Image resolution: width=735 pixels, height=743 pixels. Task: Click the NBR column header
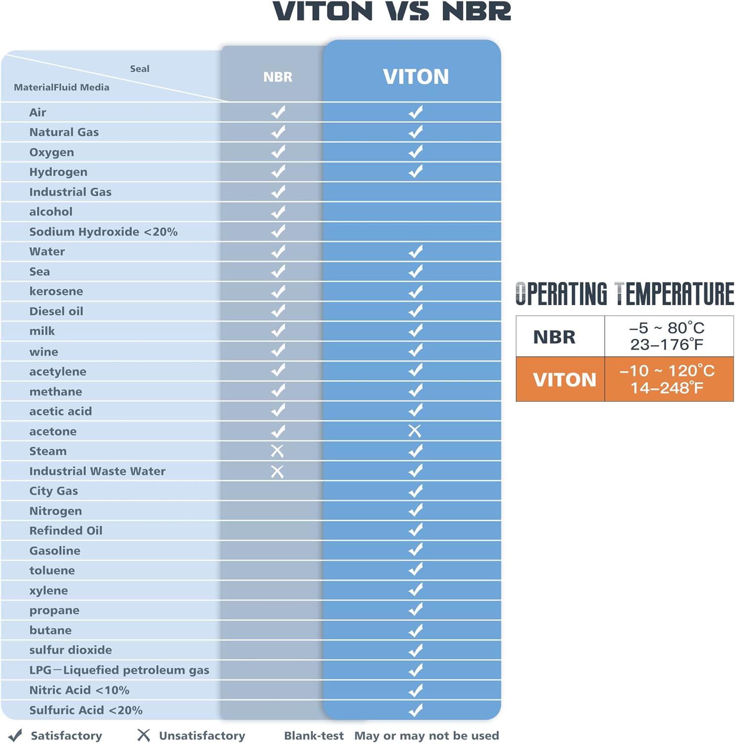tap(278, 77)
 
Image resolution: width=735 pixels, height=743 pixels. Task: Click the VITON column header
tap(416, 77)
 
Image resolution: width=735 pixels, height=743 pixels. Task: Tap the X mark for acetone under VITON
tap(415, 431)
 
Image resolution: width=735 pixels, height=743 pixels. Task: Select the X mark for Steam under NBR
tap(277, 451)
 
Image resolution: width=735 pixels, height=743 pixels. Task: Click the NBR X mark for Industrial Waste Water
tap(277, 471)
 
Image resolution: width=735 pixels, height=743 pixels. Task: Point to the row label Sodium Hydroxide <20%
tap(103, 232)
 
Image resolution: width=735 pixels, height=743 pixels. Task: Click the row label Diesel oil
tap(56, 311)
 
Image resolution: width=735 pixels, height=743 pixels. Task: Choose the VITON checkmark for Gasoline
tap(416, 550)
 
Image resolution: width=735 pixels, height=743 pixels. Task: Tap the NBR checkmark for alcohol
tap(278, 212)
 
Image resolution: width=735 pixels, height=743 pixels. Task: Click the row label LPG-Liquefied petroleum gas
tap(119, 670)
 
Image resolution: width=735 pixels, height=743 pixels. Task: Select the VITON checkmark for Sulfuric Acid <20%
tap(416, 710)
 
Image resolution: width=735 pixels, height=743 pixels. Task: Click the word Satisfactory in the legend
tap(66, 736)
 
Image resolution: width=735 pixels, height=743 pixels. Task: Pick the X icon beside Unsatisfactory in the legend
tap(144, 735)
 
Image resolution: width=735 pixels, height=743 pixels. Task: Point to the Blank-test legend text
tap(314, 736)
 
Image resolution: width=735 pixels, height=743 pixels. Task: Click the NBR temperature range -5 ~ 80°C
tap(667, 328)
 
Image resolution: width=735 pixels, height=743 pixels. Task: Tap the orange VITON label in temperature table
tap(564, 379)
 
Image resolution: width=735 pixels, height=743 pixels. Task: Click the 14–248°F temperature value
tap(667, 388)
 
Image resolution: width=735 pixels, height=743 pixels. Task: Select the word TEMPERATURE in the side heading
tap(674, 294)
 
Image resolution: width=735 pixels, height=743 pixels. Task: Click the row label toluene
tap(52, 570)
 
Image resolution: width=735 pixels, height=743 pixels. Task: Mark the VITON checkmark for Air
tap(416, 112)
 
